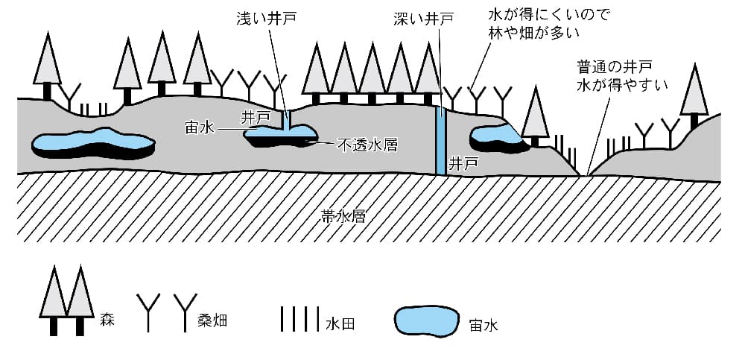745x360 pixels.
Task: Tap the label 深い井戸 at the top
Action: pyautogui.click(x=424, y=17)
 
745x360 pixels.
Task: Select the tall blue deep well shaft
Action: pyautogui.click(x=441, y=142)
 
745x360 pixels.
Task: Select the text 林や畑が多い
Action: pyautogui.click(x=537, y=34)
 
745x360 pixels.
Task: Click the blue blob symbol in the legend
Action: pyautogui.click(x=425, y=320)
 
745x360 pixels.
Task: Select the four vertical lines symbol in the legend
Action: pyautogui.click(x=299, y=319)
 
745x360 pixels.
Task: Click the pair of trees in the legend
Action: pyautogui.click(x=66, y=302)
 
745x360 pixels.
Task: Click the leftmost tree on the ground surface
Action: pyautogui.click(x=48, y=67)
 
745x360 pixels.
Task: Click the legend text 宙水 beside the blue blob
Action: pyautogui.click(x=484, y=325)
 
